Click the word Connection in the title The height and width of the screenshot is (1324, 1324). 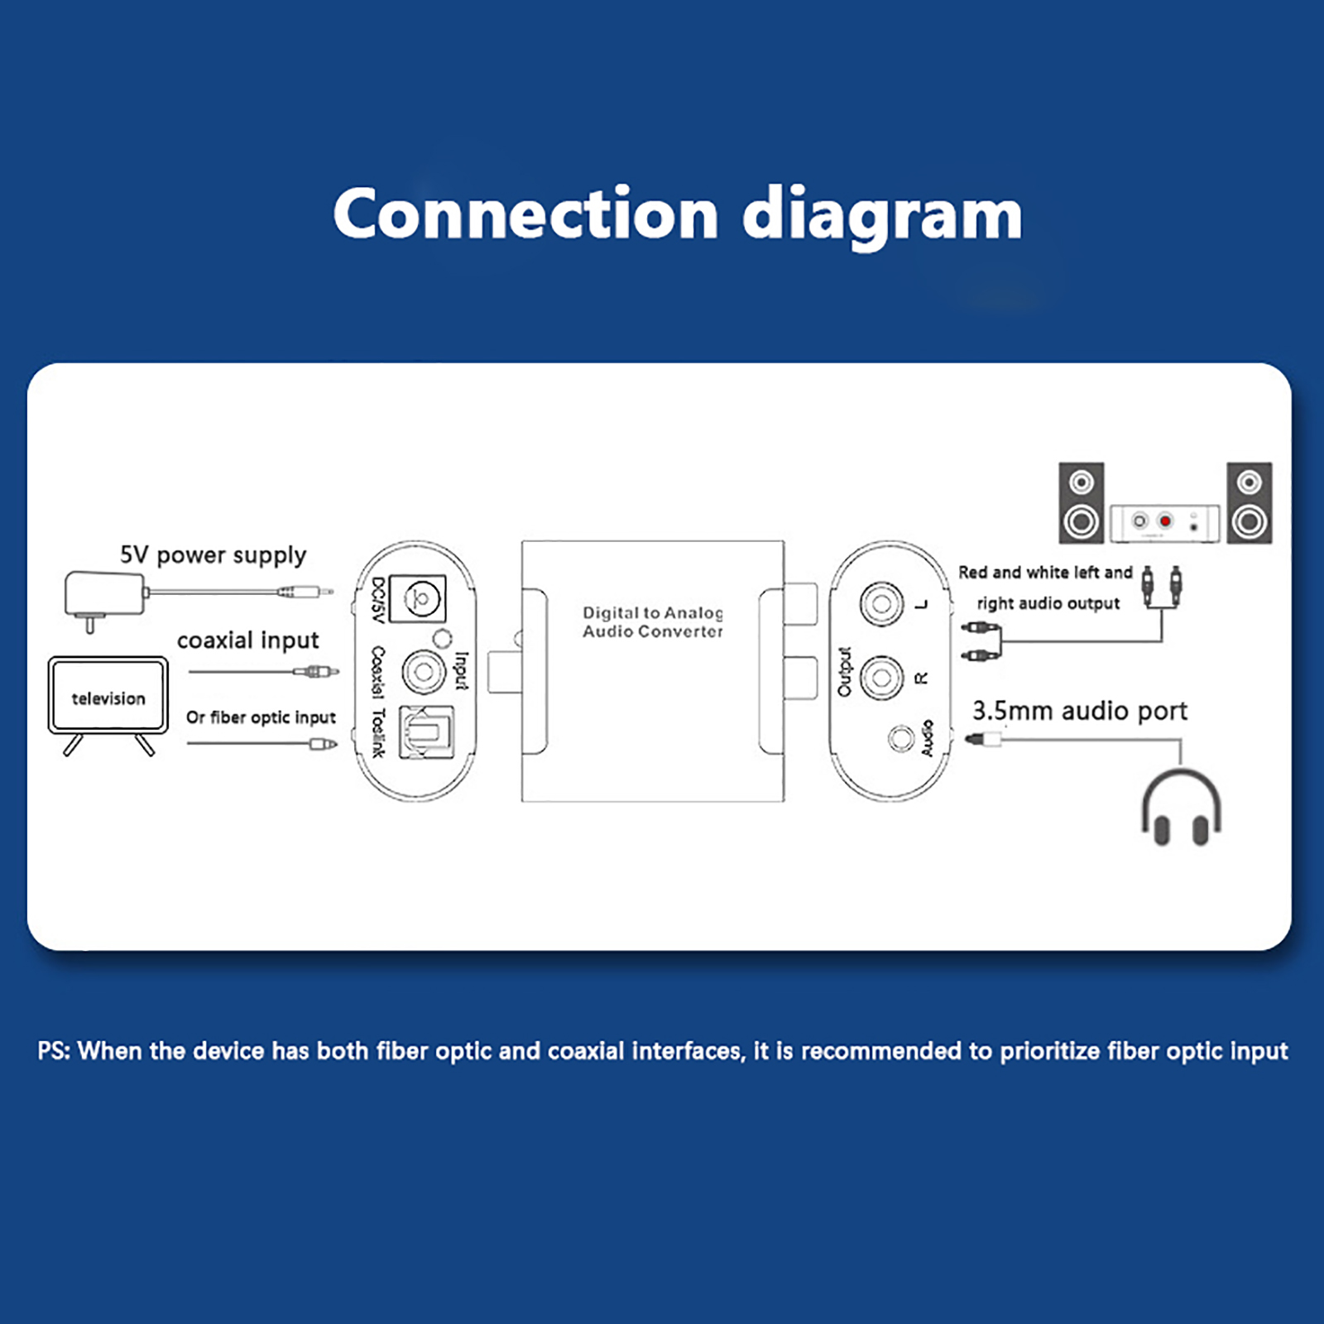point(525,214)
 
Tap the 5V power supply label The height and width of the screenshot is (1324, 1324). point(213,554)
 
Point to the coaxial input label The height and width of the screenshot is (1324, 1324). point(247,640)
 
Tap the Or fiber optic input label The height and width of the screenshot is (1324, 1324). point(261,717)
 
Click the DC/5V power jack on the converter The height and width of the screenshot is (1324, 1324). point(418,598)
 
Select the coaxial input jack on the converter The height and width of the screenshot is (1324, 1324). point(423,671)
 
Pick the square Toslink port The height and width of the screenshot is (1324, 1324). point(425,732)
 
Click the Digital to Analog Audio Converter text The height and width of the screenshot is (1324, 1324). point(652,622)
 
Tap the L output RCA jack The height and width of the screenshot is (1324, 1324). point(880,604)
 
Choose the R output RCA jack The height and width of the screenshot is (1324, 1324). point(880,678)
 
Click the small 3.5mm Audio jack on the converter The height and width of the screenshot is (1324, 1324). point(900,736)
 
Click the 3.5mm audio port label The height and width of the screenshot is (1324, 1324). point(1079,711)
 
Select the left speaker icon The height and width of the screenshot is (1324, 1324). point(1082,503)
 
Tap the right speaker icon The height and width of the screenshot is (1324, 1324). point(1249,503)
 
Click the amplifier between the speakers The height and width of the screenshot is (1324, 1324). point(1164,522)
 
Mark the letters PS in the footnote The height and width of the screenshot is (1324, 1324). point(54,1051)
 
